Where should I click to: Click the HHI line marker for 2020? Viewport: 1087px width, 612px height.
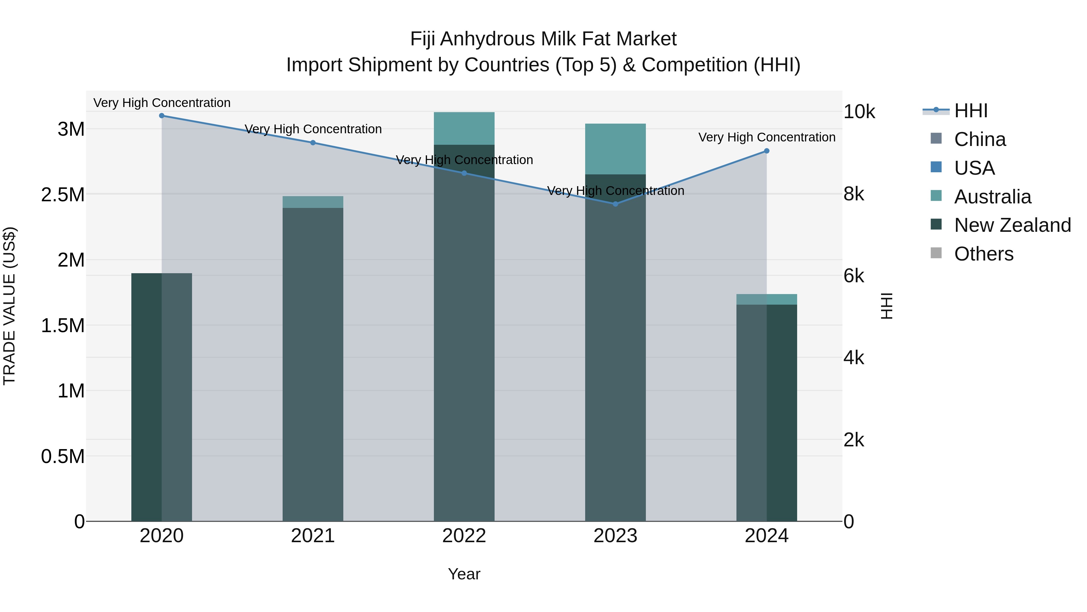coord(162,116)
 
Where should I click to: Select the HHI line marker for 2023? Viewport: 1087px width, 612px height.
coord(615,204)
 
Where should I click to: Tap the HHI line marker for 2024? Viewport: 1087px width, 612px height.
coord(767,151)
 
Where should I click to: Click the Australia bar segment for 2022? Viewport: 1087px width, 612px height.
coord(464,129)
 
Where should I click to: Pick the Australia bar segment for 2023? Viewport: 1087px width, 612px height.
coord(615,149)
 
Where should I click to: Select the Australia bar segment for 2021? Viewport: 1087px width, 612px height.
coord(313,202)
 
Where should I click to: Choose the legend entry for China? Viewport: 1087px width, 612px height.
coord(980,139)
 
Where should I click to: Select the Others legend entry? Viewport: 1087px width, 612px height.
coord(983,254)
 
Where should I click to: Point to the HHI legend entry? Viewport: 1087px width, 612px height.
coord(970,111)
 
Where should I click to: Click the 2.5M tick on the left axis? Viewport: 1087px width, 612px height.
coord(63,195)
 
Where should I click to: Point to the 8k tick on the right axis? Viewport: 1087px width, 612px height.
coord(854,194)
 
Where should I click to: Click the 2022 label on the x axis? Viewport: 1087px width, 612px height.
coord(464,536)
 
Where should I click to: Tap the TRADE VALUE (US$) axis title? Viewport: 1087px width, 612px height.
coord(9,306)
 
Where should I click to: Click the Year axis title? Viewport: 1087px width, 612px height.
coord(464,574)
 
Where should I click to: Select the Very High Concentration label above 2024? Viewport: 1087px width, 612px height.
coord(767,137)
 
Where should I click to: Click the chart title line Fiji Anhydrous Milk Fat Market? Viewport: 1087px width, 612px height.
coord(543,39)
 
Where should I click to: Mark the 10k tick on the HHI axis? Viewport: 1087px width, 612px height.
coord(859,112)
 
